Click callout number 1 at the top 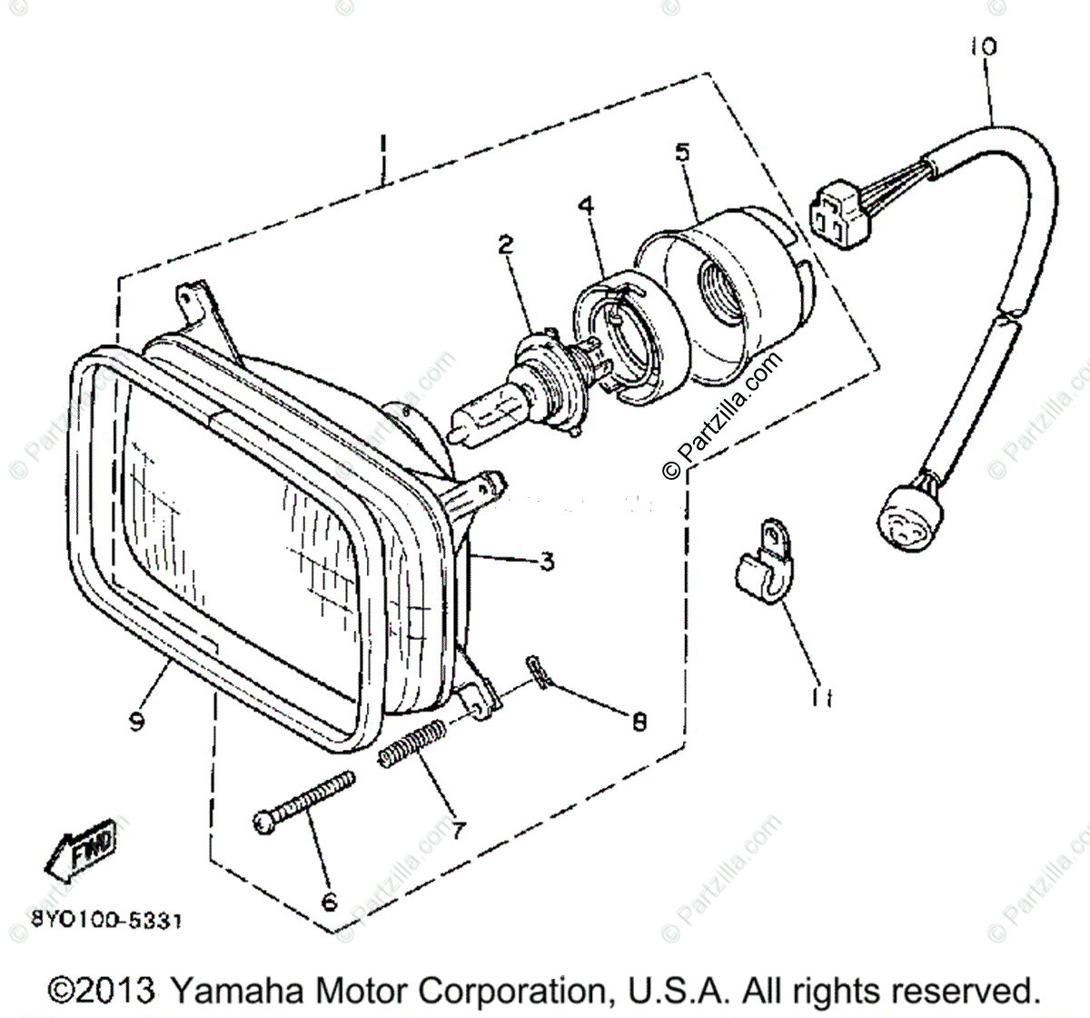(384, 145)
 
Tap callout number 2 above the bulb (505, 244)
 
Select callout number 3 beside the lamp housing (545, 562)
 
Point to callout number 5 (682, 151)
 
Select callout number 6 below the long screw (329, 901)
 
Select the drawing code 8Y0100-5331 (94, 921)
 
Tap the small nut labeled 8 (538, 673)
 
